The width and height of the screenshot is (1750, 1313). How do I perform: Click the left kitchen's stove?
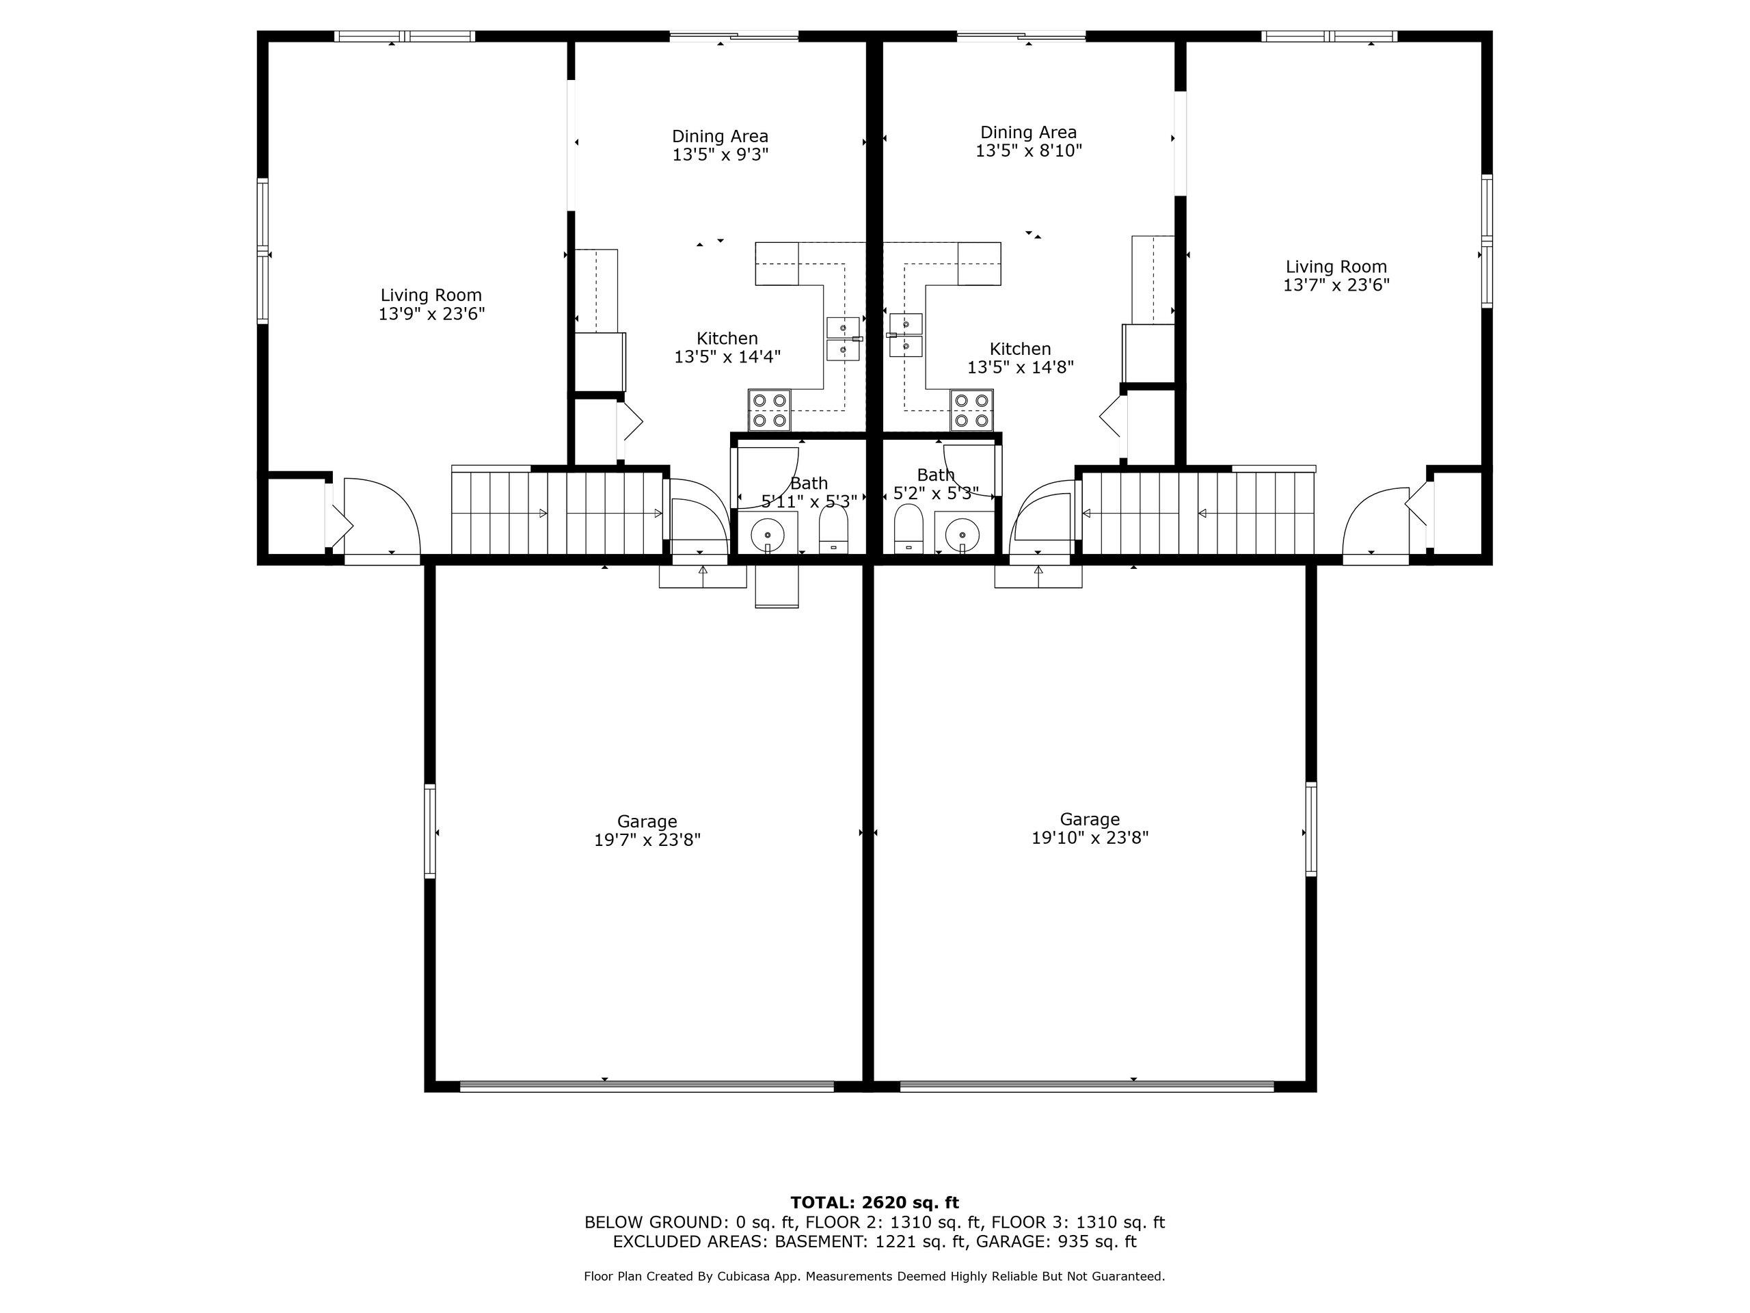[x=770, y=410]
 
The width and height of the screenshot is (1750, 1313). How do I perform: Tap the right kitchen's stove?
[x=972, y=410]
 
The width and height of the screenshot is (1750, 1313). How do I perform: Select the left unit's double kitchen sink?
[x=844, y=339]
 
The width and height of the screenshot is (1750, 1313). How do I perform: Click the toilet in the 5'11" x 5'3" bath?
[x=833, y=528]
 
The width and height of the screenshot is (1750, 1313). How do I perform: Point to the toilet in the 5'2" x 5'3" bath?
[x=908, y=528]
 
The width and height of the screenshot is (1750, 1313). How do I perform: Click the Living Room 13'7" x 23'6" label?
[x=1336, y=276]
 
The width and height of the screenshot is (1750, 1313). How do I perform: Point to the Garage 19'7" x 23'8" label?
[x=647, y=831]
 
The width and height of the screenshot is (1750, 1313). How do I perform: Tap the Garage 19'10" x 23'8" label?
[x=1090, y=829]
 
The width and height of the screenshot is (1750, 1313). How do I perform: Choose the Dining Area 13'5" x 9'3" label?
[x=720, y=146]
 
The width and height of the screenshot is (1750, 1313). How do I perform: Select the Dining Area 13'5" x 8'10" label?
[x=1029, y=142]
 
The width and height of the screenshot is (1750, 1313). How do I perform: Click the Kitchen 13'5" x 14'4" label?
[x=727, y=347]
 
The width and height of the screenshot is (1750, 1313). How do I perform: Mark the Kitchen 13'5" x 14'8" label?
[x=1021, y=358]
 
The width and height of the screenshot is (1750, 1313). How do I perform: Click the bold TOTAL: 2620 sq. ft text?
[x=874, y=1203]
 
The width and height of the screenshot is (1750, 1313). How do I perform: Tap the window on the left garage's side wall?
[x=429, y=831]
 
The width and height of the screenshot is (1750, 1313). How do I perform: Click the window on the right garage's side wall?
[x=1311, y=829]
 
